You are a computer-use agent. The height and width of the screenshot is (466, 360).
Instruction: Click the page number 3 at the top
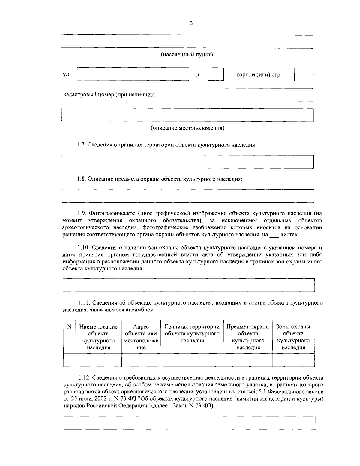(191, 24)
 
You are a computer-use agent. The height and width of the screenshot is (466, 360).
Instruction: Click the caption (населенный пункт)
(187, 55)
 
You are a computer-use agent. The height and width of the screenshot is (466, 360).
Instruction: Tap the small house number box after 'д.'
(215, 74)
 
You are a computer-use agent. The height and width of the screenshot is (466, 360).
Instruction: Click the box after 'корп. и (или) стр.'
(303, 74)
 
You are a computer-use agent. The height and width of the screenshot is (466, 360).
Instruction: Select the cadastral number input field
(241, 95)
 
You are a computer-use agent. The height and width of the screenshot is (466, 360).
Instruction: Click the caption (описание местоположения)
(187, 128)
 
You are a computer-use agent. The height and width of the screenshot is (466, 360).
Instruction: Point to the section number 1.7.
(81, 145)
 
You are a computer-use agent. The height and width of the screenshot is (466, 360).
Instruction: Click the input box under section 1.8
(187, 196)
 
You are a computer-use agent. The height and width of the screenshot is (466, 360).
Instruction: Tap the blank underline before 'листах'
(274, 235)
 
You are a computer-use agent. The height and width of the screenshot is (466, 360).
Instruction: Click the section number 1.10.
(83, 248)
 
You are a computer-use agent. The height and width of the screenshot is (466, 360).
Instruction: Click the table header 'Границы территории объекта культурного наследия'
(192, 333)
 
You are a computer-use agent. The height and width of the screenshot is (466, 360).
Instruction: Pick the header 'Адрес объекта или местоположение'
(141, 337)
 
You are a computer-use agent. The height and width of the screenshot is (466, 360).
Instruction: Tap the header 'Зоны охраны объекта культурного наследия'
(293, 337)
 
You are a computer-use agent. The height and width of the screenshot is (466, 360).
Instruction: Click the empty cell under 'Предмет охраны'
(248, 360)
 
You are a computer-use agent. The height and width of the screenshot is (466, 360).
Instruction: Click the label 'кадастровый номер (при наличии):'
(109, 95)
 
